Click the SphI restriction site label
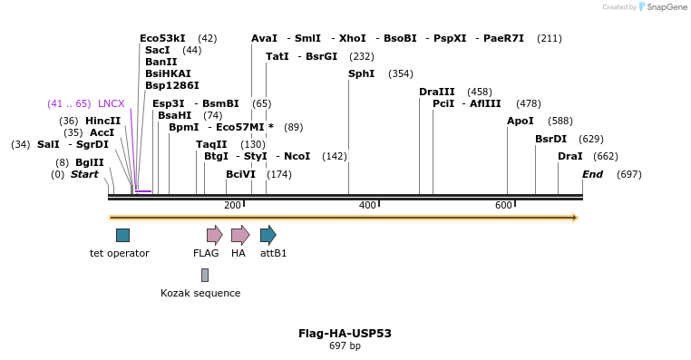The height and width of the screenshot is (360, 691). tap(361, 73)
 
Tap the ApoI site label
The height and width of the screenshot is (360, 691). tap(521, 121)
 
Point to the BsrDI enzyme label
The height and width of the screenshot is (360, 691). tap(550, 139)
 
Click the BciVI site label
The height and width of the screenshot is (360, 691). tap(240, 174)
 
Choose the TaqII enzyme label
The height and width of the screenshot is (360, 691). tap(211, 144)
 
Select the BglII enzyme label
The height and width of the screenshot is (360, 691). tap(90, 162)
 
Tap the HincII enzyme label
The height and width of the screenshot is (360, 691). tap(102, 121)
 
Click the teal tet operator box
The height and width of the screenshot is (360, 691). tap(122, 236)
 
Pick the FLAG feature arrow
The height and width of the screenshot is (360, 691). tap(214, 236)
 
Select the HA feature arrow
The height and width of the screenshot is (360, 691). tap(239, 236)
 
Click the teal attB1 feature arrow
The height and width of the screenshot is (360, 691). tap(268, 236)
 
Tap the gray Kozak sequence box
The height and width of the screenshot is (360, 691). tap(205, 275)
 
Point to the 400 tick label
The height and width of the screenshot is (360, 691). tap(367, 206)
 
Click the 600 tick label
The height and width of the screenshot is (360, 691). tap(503, 206)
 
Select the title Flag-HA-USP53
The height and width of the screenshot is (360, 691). tap(345, 333)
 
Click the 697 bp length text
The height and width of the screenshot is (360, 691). tap(345, 346)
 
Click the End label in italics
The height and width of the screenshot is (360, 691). tap(592, 174)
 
